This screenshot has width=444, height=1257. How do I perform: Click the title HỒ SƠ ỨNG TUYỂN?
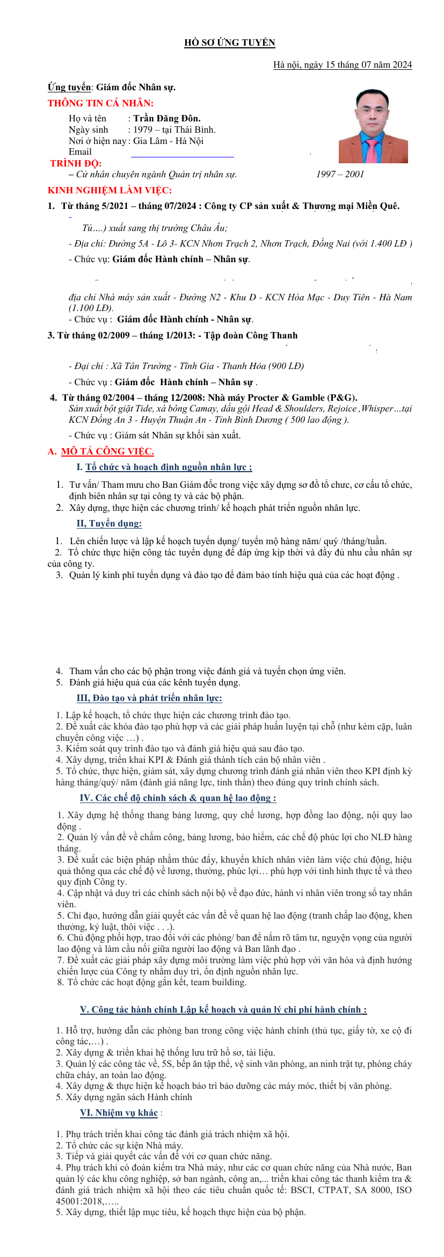[229, 43]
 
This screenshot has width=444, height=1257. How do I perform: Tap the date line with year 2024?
[342, 65]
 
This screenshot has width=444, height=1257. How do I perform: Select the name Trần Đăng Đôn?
[166, 118]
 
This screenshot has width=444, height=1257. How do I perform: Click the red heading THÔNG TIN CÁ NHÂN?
[100, 103]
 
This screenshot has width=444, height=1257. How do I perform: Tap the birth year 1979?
[143, 129]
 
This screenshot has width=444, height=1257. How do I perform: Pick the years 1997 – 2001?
[340, 174]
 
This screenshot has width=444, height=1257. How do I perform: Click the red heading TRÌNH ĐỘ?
[76, 163]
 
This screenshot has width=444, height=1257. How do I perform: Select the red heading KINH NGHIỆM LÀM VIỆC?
[110, 190]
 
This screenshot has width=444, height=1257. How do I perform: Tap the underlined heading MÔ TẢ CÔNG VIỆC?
[107, 451]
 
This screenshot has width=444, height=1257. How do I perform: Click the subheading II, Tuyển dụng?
[109, 523]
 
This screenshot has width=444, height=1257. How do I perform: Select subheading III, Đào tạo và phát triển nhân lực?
[149, 698]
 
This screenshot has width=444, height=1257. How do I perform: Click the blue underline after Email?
[183, 156]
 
